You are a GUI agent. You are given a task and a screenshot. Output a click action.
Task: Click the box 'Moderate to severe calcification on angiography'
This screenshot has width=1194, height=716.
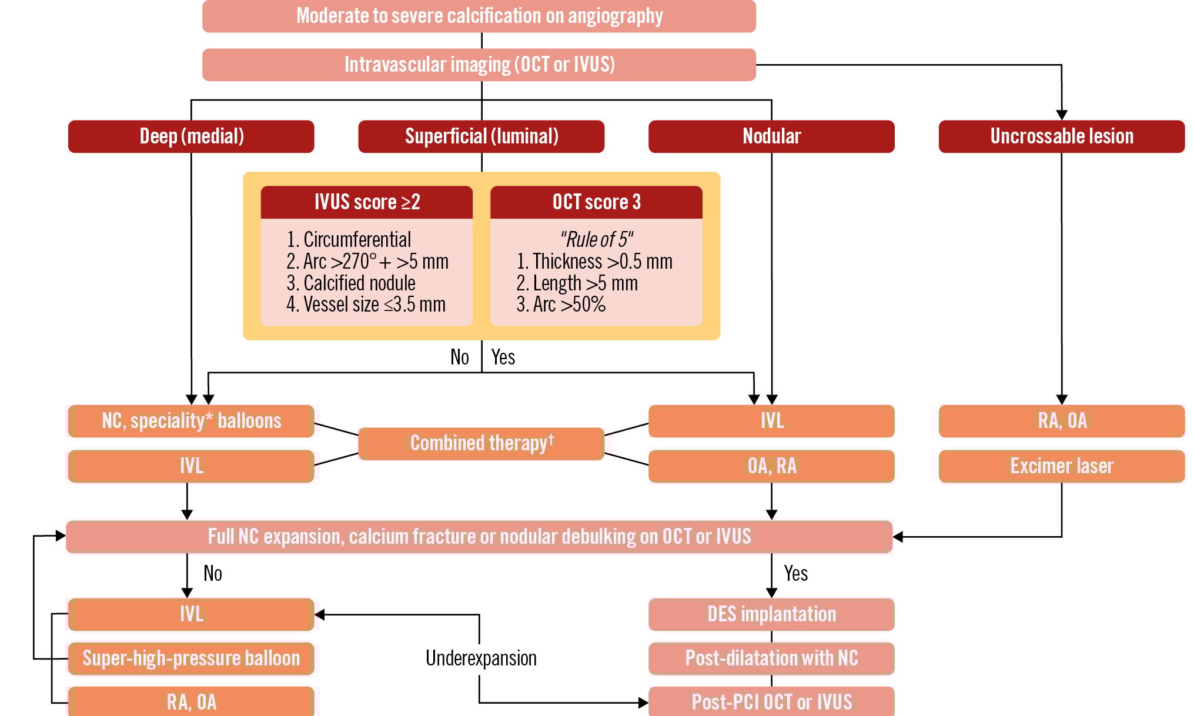coord(479,16)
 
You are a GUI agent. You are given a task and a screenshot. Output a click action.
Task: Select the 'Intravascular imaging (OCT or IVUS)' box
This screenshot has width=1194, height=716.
coord(479,65)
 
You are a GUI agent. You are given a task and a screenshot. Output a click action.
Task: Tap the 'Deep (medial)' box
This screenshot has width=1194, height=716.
coord(191,136)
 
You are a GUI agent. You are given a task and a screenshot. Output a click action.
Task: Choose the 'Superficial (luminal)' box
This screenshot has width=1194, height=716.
coord(481,136)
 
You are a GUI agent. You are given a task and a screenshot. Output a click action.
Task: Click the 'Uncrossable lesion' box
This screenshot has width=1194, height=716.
coord(1062,136)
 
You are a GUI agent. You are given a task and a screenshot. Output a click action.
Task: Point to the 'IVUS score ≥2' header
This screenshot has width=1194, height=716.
coord(367,202)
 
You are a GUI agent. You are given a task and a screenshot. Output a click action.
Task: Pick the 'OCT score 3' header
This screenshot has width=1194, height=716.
coord(596,202)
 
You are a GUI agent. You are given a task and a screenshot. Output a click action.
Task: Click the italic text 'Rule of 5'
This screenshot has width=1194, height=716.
coord(596,239)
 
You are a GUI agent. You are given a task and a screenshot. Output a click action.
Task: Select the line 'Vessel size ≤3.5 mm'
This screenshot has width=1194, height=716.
coord(366,305)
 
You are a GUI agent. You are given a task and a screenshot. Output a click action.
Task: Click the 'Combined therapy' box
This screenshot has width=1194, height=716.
coord(481,443)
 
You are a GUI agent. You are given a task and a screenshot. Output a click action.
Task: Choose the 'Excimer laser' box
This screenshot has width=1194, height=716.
coord(1062,466)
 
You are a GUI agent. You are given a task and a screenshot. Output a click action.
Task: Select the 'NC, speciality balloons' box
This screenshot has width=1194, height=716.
coord(191,421)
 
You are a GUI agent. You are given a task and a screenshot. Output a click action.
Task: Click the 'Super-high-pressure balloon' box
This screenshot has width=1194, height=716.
coord(191,658)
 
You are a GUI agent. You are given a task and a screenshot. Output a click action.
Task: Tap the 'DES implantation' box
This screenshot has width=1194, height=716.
coord(771,614)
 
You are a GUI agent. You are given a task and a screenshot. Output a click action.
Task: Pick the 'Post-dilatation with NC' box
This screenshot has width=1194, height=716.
coord(771,658)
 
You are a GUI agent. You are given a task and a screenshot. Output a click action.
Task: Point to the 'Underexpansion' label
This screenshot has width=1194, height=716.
coord(481,658)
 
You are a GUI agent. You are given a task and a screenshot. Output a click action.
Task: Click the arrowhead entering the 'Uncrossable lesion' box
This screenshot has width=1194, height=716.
coord(1062,115)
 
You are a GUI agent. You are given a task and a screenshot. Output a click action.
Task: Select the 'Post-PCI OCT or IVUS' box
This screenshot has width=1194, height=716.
coord(771,702)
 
